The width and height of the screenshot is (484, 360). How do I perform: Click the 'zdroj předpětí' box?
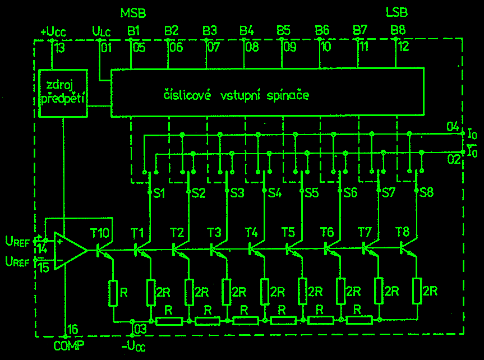click(x=63, y=93)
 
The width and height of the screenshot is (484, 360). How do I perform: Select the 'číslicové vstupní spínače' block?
click(x=267, y=93)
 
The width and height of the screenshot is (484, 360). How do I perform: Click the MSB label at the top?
click(x=133, y=12)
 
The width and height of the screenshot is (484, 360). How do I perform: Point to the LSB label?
click(x=397, y=12)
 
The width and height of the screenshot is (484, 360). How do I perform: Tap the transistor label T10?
click(x=100, y=232)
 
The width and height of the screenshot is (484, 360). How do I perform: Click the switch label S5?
click(x=312, y=192)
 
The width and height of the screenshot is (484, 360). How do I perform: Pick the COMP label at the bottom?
click(x=68, y=345)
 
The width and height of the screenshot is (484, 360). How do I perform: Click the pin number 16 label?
click(x=73, y=330)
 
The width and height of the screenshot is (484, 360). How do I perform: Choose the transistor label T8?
click(x=402, y=232)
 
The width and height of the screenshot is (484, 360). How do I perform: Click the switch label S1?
click(x=159, y=192)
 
